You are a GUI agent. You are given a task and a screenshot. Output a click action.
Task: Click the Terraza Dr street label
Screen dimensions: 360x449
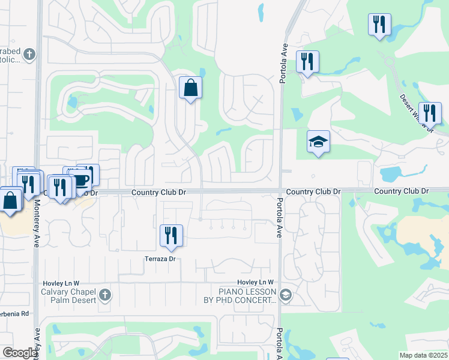coord(160,259)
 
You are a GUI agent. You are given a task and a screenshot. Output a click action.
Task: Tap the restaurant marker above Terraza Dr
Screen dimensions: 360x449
coord(171,235)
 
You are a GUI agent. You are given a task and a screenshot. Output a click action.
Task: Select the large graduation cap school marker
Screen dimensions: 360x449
coord(318,142)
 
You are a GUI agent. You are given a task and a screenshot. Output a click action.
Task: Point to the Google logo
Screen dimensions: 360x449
coord(20,353)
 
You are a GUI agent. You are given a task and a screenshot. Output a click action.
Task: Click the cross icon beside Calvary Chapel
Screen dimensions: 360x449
coord(105,295)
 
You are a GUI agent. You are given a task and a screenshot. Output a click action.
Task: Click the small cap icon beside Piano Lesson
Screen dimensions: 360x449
coord(285,294)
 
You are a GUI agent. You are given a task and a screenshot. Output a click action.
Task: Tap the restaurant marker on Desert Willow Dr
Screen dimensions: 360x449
coord(430,113)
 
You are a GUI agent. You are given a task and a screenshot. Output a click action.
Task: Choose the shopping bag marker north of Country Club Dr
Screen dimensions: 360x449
coord(190,88)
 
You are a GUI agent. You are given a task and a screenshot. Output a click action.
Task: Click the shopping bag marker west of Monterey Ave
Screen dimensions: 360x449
coord(11,199)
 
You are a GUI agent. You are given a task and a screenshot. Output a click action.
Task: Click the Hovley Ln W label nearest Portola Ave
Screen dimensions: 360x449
coord(255,282)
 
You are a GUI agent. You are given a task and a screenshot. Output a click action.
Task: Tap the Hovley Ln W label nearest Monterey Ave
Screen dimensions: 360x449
coord(61,283)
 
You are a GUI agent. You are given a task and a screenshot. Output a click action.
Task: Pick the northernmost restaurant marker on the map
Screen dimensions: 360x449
coord(379,25)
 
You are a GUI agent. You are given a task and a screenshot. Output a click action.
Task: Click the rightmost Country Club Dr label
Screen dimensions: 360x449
coord(402,191)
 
